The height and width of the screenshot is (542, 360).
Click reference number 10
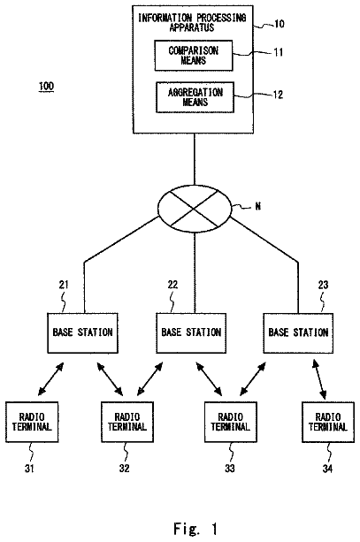[280, 24]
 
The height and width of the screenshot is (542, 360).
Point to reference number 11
[279, 52]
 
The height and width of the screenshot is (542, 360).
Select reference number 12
[278, 95]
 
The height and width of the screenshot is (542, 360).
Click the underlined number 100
[46, 86]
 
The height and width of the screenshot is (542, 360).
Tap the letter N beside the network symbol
[258, 206]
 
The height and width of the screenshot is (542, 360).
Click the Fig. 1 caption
[195, 529]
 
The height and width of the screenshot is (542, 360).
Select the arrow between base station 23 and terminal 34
[319, 379]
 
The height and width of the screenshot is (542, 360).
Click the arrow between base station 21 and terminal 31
[50, 378]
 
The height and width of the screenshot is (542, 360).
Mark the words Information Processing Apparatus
[192, 22]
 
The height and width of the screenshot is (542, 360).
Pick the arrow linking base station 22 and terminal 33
[209, 378]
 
